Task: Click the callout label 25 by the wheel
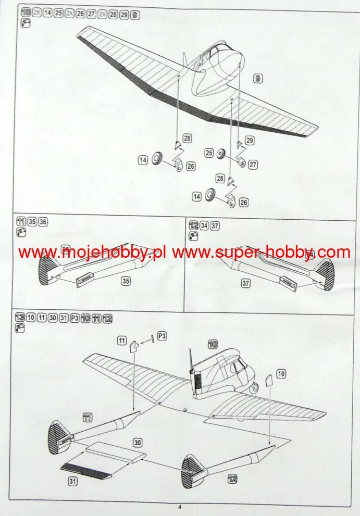(209, 153)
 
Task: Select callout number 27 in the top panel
(253, 165)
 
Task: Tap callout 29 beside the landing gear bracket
(250, 141)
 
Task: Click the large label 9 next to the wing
(257, 79)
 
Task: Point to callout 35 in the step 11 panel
(126, 281)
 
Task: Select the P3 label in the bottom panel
(162, 337)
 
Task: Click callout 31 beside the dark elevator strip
(72, 482)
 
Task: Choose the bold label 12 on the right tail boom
(232, 479)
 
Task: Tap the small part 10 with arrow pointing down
(268, 380)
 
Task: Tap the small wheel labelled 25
(221, 154)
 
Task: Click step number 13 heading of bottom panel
(20, 318)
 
